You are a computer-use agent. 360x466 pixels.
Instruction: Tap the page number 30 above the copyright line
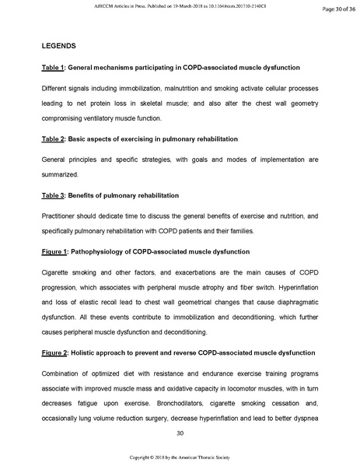pos(180,433)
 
